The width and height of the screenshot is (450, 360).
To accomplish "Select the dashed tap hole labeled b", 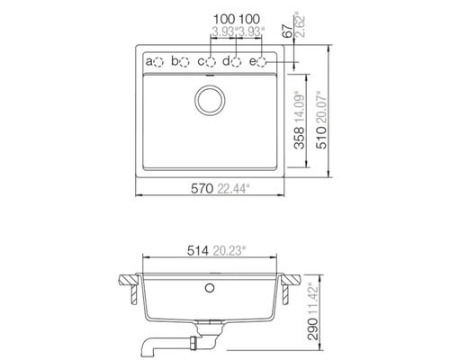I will coord(186,62).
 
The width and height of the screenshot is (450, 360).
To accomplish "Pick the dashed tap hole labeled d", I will coord(238,62).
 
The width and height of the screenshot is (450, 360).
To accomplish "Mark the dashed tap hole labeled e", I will coord(264,62).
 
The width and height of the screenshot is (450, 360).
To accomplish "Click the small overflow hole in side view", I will coord(211,287).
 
